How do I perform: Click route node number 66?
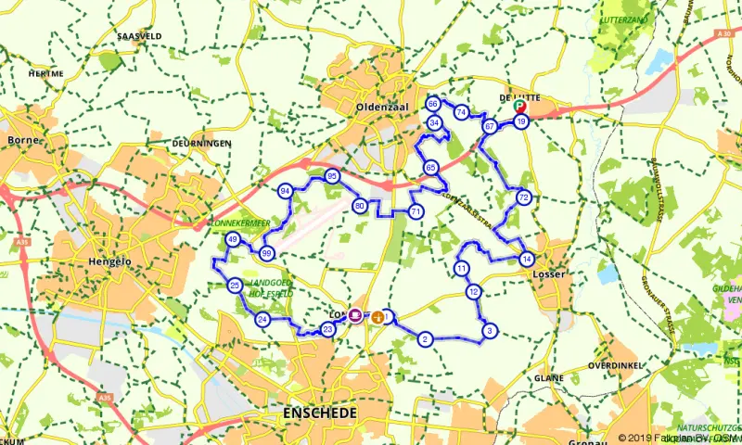pos(432,104)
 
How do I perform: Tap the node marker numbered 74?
pos(461,112)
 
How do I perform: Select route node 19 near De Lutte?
pos(522,121)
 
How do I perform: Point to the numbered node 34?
pos(434,122)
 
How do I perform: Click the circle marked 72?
pos(524,197)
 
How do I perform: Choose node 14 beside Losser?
pos(526,259)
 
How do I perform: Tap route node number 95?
pos(331,177)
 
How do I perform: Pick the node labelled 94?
pos(286,191)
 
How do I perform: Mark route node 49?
pos(233,240)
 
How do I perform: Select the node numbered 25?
pos(236,285)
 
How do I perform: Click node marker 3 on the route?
pos(489,330)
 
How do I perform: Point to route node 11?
pos(461,269)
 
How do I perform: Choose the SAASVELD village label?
pos(140,36)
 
